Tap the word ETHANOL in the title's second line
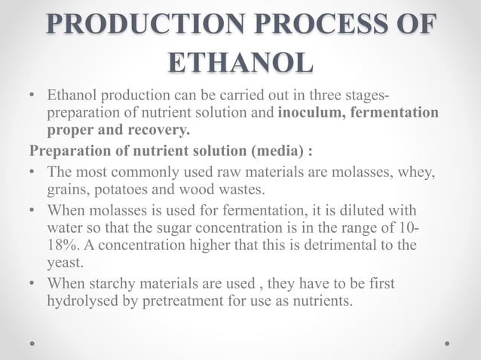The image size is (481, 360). tap(240, 63)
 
